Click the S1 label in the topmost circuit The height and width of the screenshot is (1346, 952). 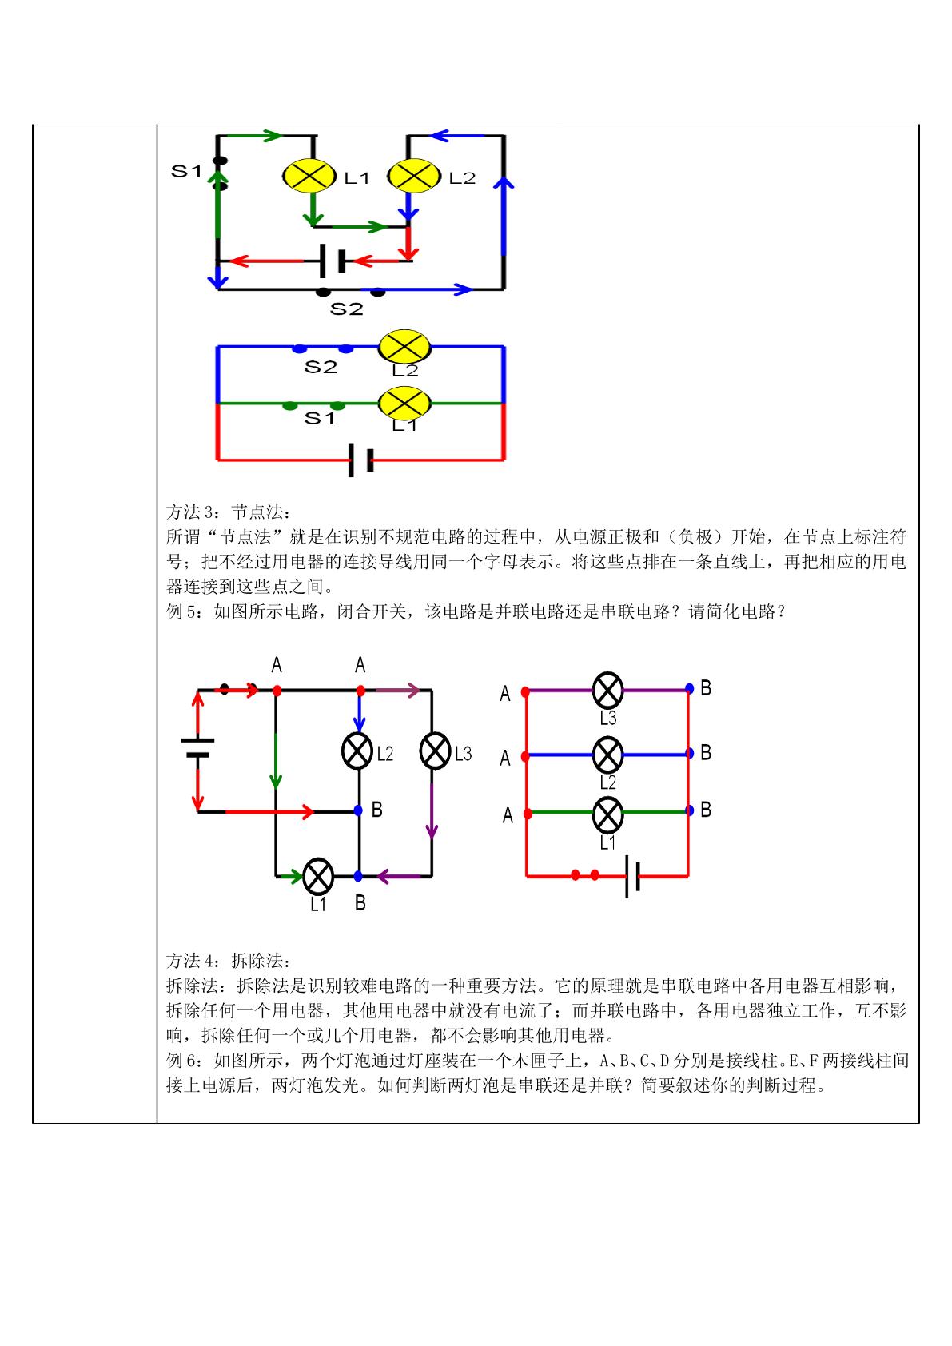(x=186, y=171)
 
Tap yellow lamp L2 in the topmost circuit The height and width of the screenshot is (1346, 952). (x=414, y=176)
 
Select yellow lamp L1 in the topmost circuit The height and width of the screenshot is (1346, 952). (x=309, y=176)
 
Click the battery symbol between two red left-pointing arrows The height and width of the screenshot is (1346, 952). (x=333, y=261)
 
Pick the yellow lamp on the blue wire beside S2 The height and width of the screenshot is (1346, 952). (x=404, y=347)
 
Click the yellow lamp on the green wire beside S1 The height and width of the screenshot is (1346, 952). (x=404, y=403)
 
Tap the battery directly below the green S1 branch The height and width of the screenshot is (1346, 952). (x=361, y=461)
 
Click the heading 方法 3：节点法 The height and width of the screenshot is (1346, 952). (x=228, y=512)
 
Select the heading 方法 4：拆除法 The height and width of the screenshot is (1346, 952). (x=228, y=961)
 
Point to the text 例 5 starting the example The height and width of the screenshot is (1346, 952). (x=184, y=611)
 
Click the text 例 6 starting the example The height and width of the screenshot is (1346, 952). (x=184, y=1061)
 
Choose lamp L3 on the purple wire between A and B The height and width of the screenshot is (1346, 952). (x=607, y=691)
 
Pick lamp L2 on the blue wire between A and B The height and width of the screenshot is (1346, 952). (x=607, y=755)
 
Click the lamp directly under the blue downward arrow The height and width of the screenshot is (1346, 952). (x=357, y=751)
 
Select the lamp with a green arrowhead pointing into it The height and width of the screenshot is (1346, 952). (x=319, y=877)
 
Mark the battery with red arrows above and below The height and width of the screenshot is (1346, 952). (x=197, y=747)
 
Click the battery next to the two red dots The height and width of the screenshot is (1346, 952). (x=632, y=876)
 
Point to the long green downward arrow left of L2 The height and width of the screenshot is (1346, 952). (x=276, y=761)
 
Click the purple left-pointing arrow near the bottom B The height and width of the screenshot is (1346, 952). (x=398, y=877)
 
